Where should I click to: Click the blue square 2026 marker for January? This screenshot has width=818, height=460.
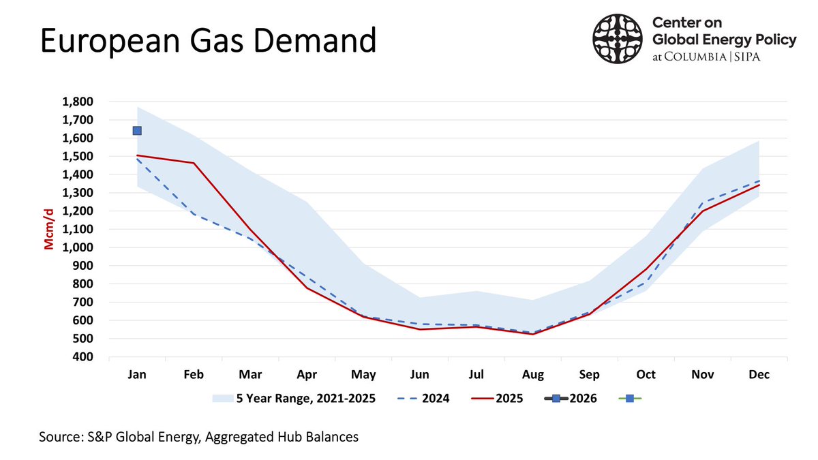tap(137, 131)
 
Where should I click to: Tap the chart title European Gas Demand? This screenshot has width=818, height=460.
tap(208, 41)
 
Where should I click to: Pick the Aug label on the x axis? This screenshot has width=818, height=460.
tap(532, 375)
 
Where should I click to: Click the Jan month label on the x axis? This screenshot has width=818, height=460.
tap(137, 375)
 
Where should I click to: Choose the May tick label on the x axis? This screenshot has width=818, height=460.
tap(363, 375)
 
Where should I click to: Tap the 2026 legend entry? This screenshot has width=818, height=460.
tap(571, 398)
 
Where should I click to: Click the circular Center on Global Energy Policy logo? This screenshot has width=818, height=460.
tap(618, 40)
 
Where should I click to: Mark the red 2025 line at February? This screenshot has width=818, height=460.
tap(194, 163)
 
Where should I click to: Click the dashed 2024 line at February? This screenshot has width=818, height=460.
tap(194, 215)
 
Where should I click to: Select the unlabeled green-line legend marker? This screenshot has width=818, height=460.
tap(629, 398)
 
